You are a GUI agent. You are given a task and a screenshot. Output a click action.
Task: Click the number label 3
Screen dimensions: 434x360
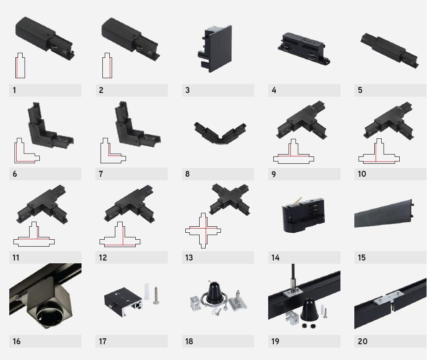pos(188,90)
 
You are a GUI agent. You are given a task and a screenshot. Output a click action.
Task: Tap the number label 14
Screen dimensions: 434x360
pos(275,258)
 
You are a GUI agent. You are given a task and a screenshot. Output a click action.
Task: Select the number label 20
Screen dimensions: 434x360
pos(362,341)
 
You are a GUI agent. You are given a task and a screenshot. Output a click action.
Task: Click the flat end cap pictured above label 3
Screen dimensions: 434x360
pos(215,49)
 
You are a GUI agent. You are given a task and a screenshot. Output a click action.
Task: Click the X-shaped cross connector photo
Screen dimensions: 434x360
pos(230,199)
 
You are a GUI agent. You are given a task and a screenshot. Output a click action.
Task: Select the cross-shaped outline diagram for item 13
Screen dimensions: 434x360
pos(203,230)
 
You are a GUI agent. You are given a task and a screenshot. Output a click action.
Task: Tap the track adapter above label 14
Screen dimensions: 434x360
pos(303,215)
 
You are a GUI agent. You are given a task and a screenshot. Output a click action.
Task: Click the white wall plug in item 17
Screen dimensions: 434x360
pos(147,291)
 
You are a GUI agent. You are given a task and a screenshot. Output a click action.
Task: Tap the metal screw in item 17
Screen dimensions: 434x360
pos(156,295)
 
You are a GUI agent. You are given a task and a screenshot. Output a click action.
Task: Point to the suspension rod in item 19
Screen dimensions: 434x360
pos(293,275)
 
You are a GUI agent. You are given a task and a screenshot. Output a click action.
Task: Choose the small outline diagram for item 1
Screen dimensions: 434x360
pos(20,66)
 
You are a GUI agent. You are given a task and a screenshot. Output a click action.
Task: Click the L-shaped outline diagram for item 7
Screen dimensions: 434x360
pos(113,150)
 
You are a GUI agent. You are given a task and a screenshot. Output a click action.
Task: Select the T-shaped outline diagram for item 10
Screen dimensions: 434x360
pos(379,151)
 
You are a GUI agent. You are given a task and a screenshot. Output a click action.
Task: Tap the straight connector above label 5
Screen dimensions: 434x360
pos(389,51)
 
